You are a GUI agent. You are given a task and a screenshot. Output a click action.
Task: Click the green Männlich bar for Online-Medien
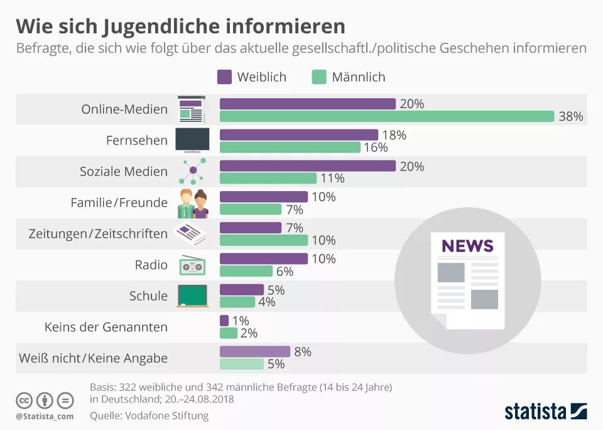pyautogui.click(x=386, y=116)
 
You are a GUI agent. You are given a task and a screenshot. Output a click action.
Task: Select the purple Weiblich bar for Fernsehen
pyautogui.click(x=298, y=135)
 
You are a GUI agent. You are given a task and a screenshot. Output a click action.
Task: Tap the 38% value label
pyautogui.click(x=571, y=116)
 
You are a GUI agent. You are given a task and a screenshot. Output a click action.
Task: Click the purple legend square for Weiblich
pyautogui.click(x=224, y=77)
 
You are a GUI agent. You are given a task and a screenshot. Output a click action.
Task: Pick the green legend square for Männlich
pyautogui.click(x=319, y=77)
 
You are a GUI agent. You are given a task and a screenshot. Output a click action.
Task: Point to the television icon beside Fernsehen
pyautogui.click(x=192, y=140)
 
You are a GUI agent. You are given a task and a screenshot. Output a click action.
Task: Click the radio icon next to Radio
pyautogui.click(x=192, y=265)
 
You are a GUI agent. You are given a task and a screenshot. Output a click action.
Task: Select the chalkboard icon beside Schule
pyautogui.click(x=192, y=295)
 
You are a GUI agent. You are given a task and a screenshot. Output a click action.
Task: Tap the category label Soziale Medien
pyautogui.click(x=124, y=172)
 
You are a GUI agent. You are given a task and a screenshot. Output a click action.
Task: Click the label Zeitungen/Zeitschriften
pyautogui.click(x=98, y=234)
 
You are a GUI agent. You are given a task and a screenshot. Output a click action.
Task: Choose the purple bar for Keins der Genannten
pyautogui.click(x=224, y=321)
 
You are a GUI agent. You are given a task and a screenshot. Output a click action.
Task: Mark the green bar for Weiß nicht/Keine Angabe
pyautogui.click(x=242, y=364)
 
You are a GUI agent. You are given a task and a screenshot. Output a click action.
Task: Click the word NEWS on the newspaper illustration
pyautogui.click(x=467, y=245)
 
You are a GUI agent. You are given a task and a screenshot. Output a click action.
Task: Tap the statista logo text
pyautogui.click(x=535, y=412)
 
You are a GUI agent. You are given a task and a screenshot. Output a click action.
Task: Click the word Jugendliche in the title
pyautogui.click(x=168, y=26)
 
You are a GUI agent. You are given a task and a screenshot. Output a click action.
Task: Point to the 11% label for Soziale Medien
pyautogui.click(x=332, y=179)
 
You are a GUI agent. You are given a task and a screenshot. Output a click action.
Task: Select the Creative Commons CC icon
pyautogui.click(x=24, y=400)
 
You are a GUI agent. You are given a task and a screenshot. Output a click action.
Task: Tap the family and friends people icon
pyautogui.click(x=193, y=203)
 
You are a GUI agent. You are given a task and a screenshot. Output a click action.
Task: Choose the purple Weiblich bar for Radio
pyautogui.click(x=263, y=258)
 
